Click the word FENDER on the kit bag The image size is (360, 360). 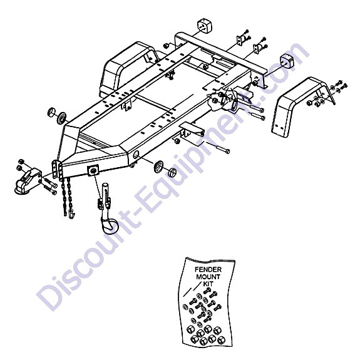pyautogui.click(x=208, y=269)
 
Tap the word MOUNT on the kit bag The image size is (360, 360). pyautogui.click(x=208, y=277)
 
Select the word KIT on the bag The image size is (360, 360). pyautogui.click(x=208, y=284)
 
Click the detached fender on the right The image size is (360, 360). pyautogui.click(x=301, y=107)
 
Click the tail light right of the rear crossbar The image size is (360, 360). pyautogui.click(x=287, y=61)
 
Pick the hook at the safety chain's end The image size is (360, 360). pyautogui.click(x=71, y=215)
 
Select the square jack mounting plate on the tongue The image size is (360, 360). pyautogui.click(x=93, y=170)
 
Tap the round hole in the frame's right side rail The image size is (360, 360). pyautogui.click(x=136, y=155)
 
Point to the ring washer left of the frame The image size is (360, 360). pyautogui.click(x=61, y=118)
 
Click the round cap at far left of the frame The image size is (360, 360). pyautogui.click(x=52, y=111)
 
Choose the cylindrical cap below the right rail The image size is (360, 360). pyautogui.click(x=172, y=172)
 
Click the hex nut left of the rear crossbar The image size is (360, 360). pyautogui.click(x=166, y=46)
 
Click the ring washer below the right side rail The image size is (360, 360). pyautogui.click(x=158, y=167)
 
